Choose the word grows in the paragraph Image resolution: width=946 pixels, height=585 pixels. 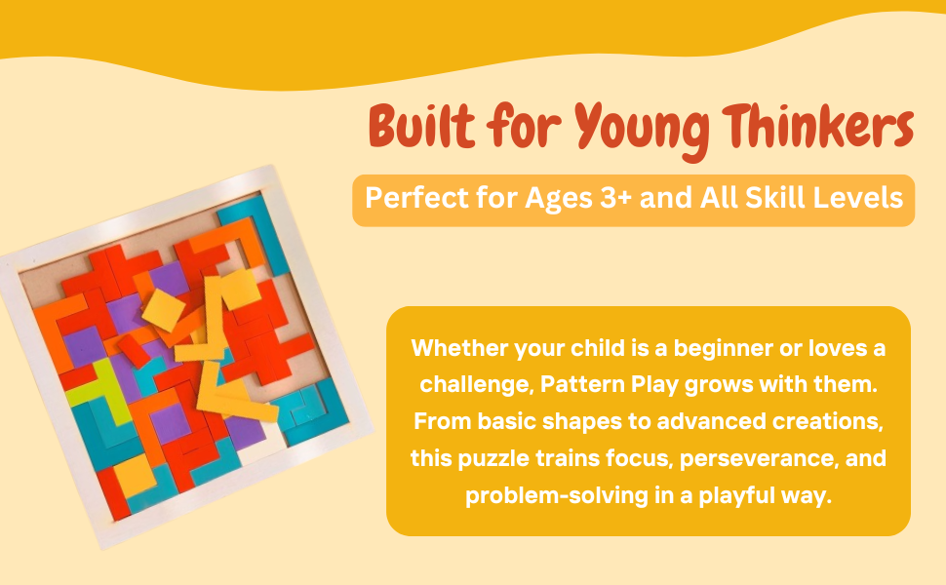point(733,384)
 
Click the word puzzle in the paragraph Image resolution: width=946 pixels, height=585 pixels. point(497,457)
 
